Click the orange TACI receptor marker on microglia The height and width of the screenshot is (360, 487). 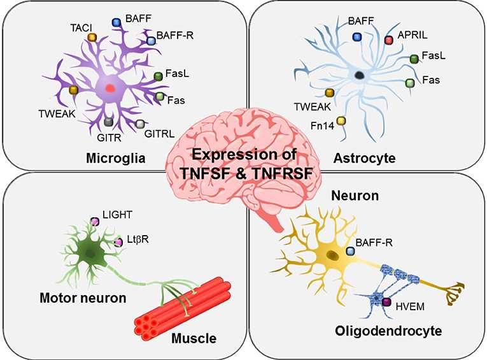tap(92, 38)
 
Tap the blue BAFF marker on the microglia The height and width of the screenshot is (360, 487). tap(116, 22)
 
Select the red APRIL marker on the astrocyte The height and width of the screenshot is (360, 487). tap(388, 40)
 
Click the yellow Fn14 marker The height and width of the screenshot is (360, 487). tap(341, 120)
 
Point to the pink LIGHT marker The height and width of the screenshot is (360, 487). tap(95, 221)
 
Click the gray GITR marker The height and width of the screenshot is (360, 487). tap(109, 122)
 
